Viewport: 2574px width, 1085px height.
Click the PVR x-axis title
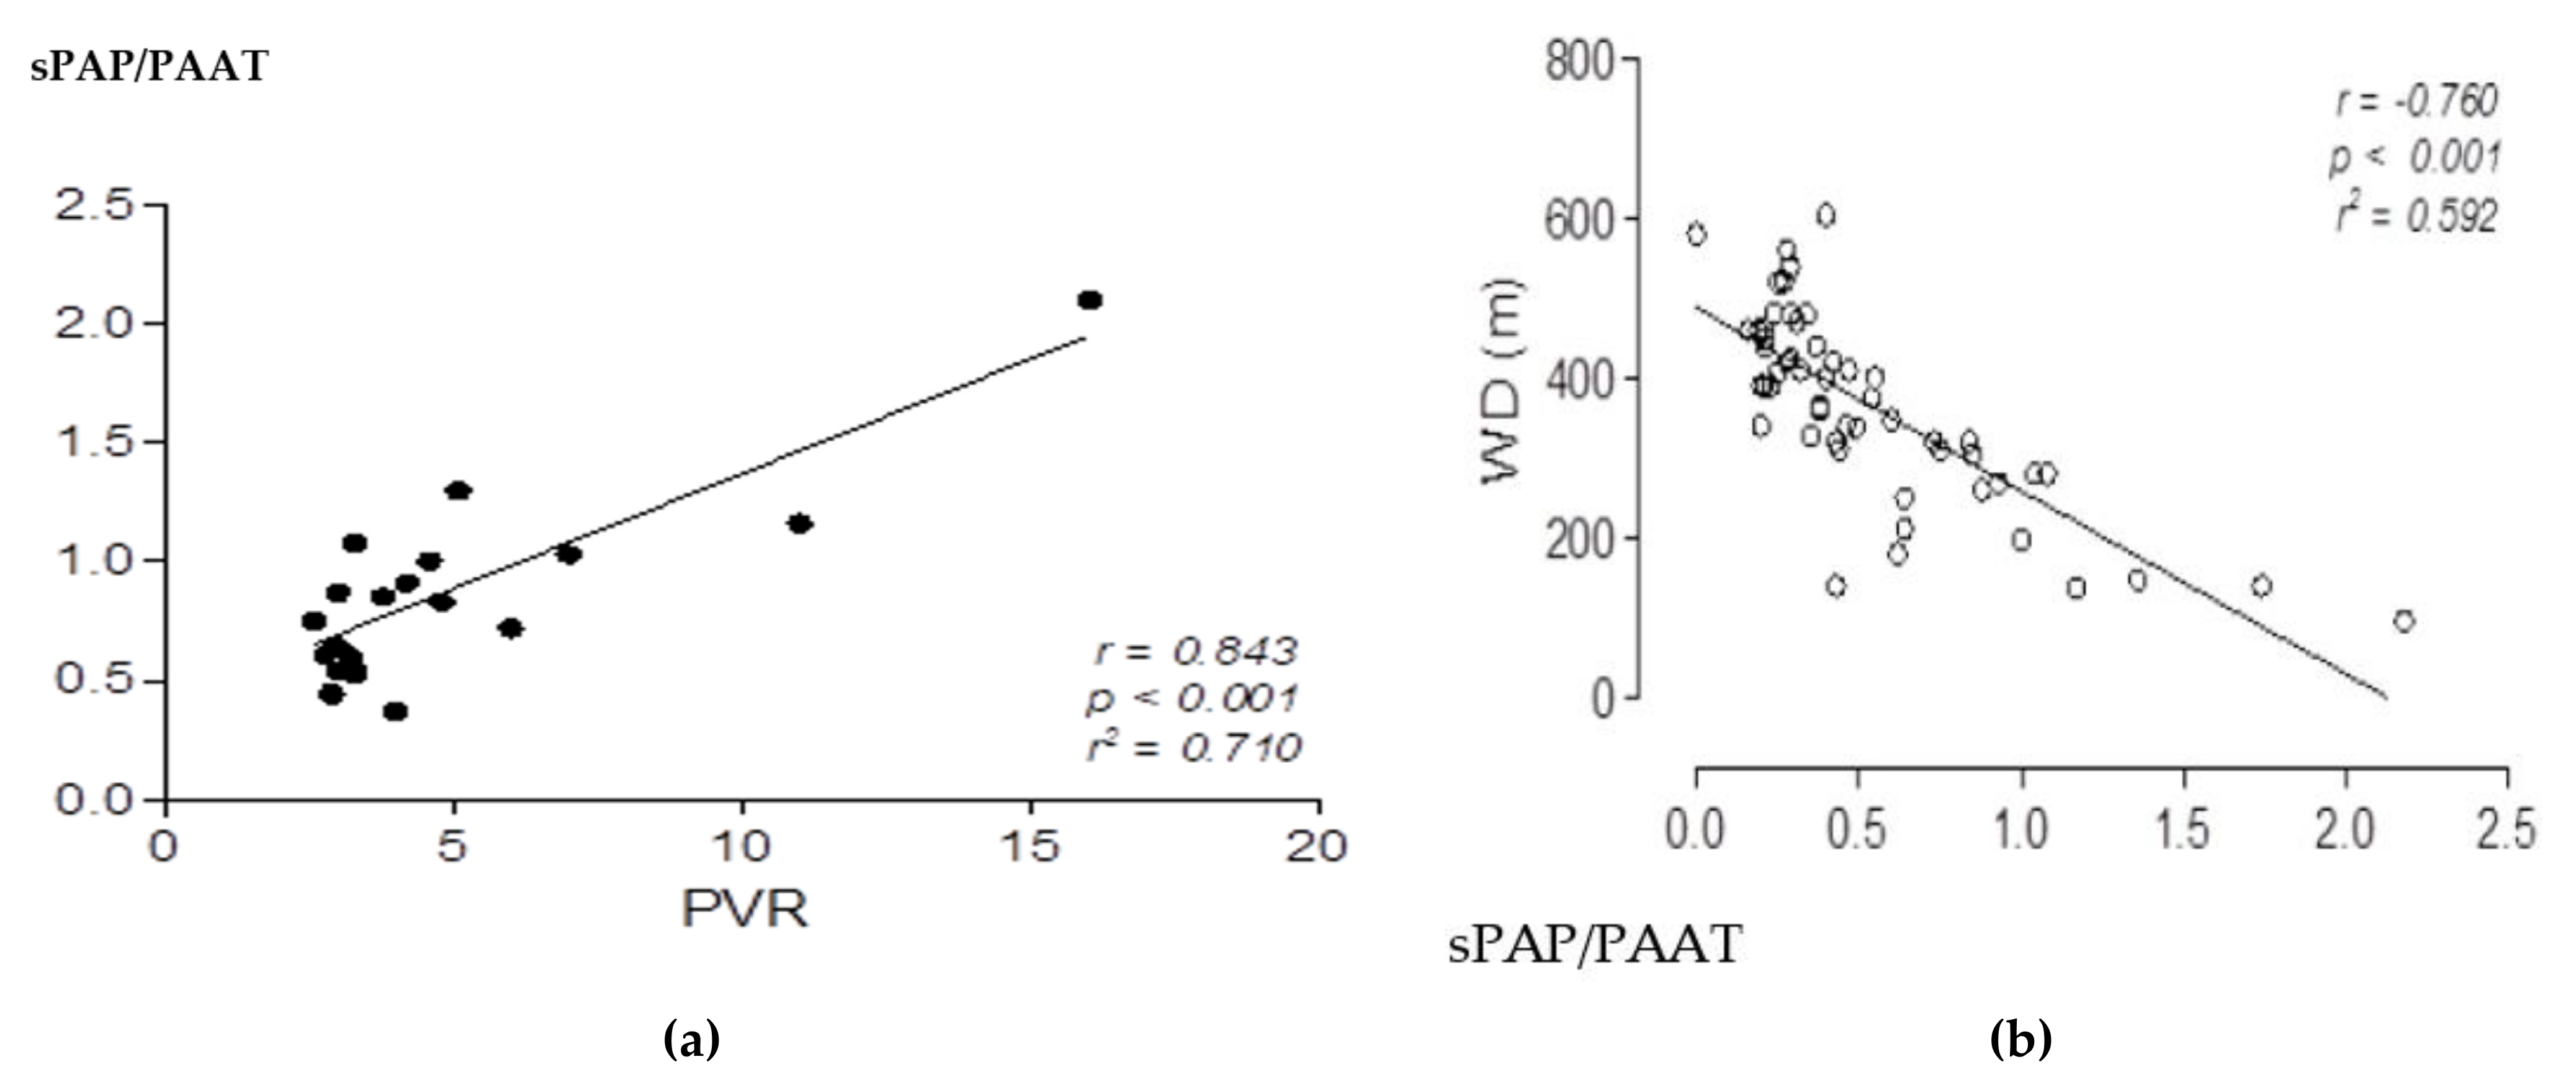click(745, 909)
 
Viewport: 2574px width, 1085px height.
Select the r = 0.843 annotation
click(1196, 651)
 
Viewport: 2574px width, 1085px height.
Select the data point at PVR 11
click(799, 523)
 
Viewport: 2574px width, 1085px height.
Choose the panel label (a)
click(691, 1040)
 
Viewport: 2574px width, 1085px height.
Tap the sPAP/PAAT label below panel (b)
click(1595, 944)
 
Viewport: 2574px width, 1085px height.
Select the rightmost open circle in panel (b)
click(2404, 621)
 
